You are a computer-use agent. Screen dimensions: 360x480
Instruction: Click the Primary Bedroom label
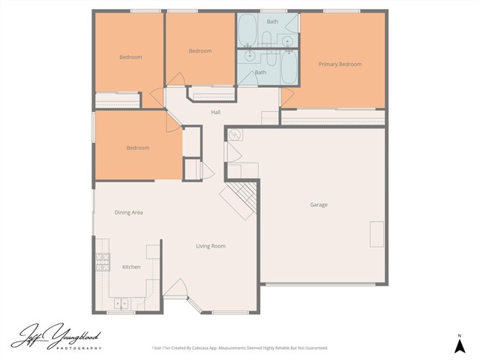(x=340, y=64)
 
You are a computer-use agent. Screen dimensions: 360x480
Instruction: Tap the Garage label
(x=319, y=205)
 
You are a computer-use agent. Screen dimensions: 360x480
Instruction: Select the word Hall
(x=215, y=112)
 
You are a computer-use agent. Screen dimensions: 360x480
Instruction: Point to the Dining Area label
(x=128, y=212)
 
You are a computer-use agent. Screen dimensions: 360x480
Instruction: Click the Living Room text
(x=211, y=246)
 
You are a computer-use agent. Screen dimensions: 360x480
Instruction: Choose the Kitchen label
(x=131, y=267)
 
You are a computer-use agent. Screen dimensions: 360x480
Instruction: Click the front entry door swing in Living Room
(x=177, y=288)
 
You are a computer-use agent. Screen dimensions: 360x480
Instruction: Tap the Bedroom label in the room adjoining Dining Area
(x=137, y=148)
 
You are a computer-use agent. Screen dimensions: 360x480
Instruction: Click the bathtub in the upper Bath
(x=247, y=31)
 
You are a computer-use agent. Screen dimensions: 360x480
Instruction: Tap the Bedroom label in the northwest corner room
(x=130, y=57)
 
